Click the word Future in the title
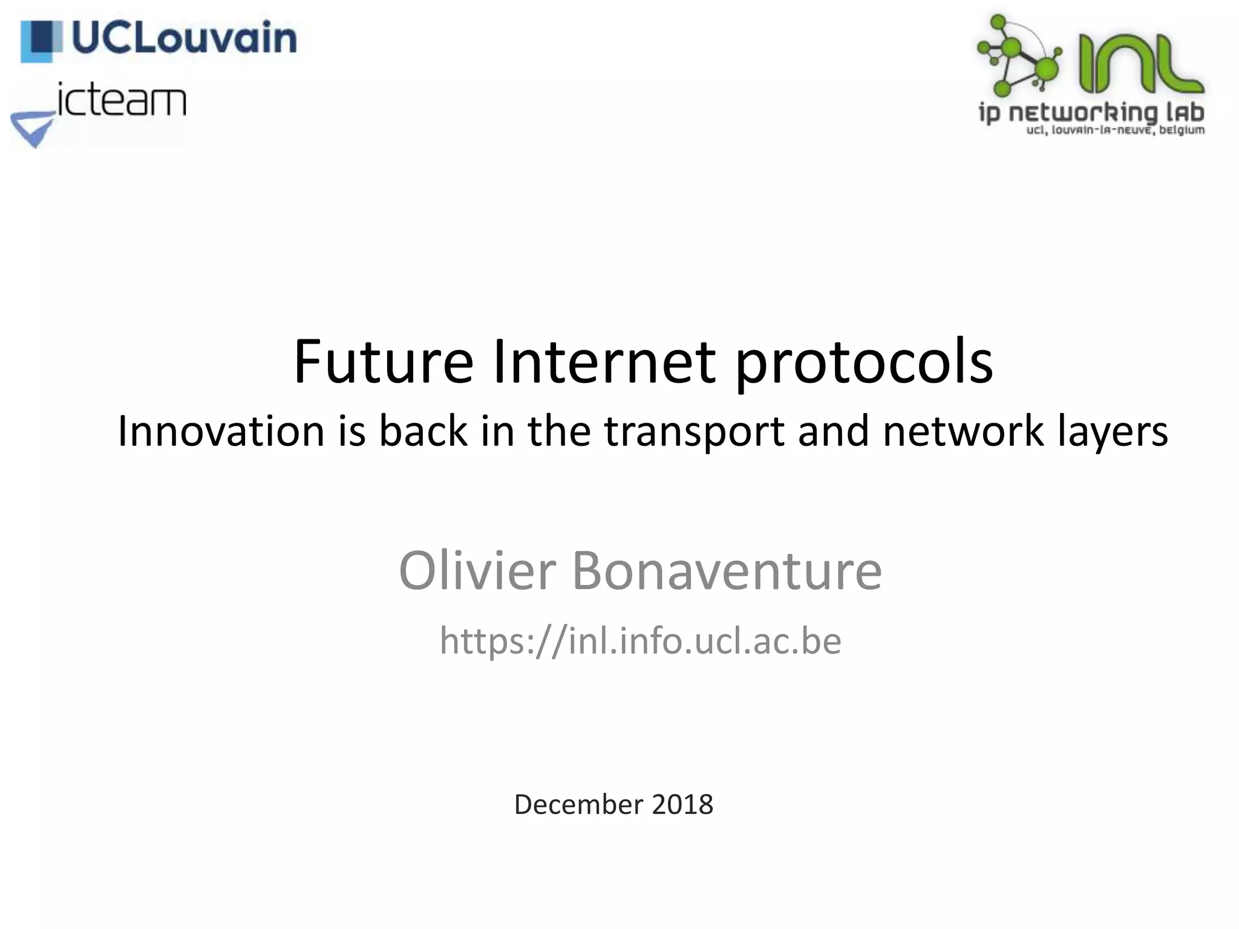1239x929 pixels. point(383,362)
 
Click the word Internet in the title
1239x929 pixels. point(604,362)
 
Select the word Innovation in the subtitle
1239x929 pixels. point(221,432)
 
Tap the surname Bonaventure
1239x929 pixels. point(727,572)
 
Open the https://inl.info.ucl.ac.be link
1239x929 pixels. point(640,641)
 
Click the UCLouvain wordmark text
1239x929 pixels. point(185,39)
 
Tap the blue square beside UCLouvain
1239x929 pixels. point(41,41)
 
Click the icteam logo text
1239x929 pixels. point(122,100)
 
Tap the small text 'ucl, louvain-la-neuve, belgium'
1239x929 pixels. point(1116,131)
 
